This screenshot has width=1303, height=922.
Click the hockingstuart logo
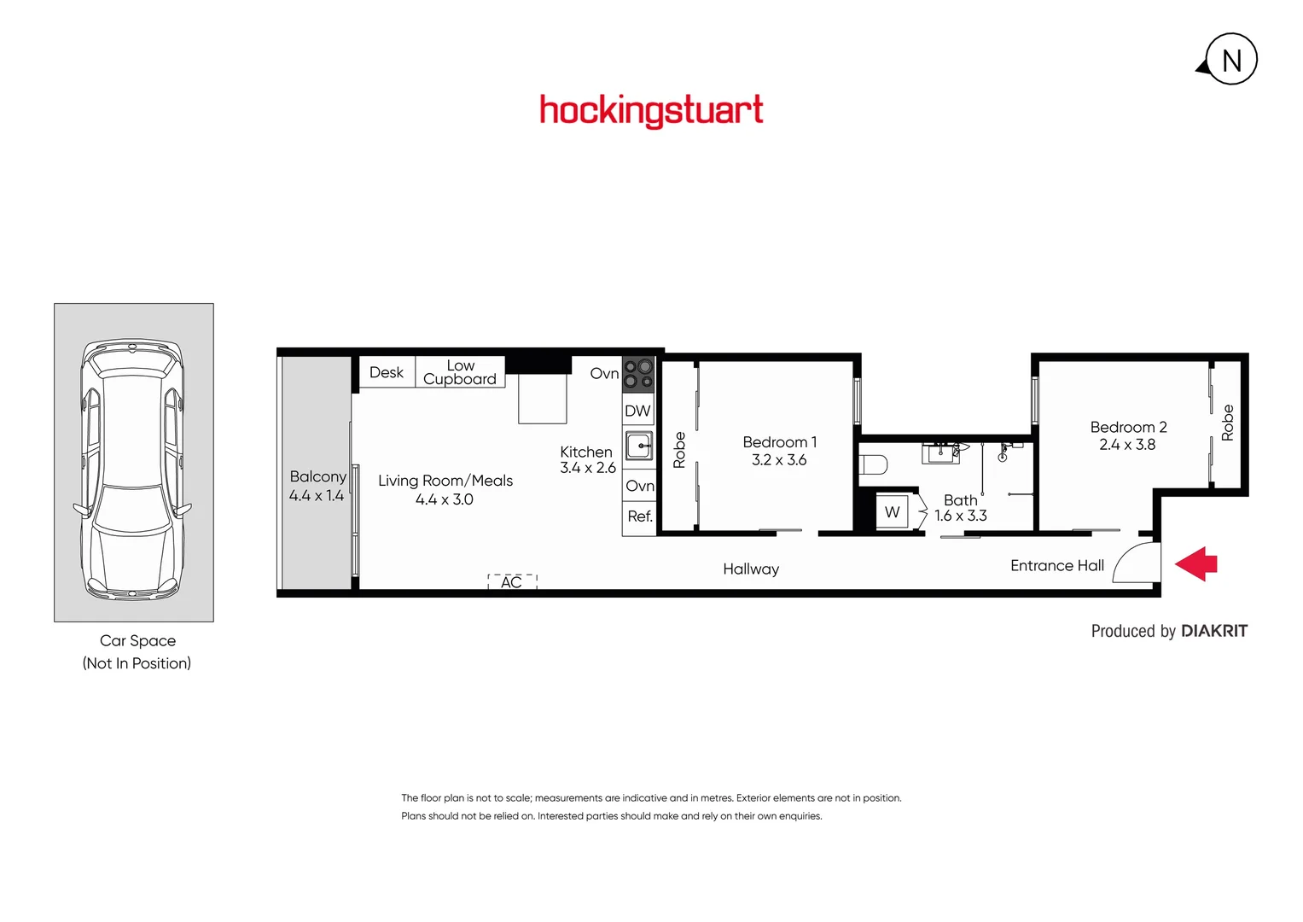point(651,111)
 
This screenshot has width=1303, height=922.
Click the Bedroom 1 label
point(779,442)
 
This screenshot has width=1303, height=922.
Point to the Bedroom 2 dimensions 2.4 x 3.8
point(1127,445)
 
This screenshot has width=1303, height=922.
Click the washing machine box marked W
point(893,512)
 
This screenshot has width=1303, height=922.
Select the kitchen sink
point(639,446)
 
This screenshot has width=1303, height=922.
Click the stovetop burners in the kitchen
point(638,373)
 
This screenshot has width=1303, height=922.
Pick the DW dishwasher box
point(637,411)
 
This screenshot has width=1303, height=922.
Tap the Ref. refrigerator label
point(640,516)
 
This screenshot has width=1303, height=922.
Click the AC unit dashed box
point(512,582)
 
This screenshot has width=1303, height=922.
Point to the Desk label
point(387,373)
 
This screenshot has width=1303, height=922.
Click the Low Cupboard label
point(460,373)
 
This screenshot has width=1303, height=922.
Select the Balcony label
point(317,477)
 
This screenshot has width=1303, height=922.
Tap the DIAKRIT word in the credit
point(1214,632)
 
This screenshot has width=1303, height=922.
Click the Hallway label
point(751,569)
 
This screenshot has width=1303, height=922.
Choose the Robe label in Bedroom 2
point(1228,423)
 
